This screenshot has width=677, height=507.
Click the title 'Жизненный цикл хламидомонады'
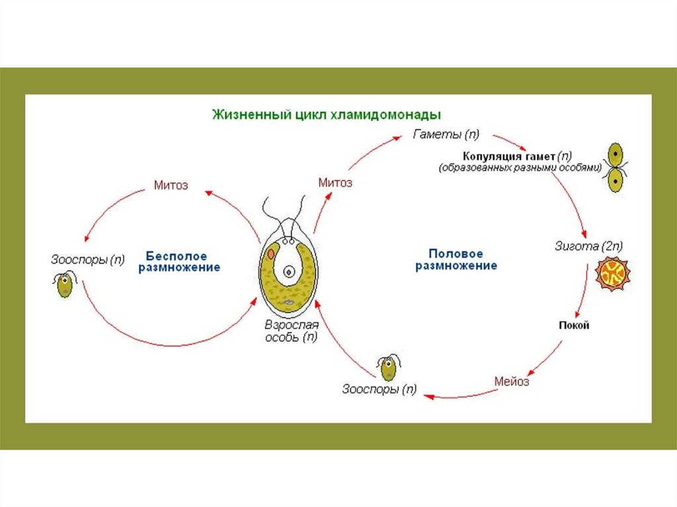(326, 113)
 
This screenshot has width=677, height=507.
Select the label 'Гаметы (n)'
(446, 135)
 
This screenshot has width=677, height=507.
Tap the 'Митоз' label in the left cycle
(171, 185)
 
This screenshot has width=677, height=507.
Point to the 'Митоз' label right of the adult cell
(335, 182)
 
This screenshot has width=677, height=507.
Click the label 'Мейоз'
(512, 381)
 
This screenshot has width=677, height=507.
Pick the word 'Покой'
(573, 325)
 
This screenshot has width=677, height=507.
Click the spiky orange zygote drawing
(612, 274)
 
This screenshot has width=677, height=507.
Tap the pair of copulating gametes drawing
(616, 167)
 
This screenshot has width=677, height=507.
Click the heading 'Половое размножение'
(456, 260)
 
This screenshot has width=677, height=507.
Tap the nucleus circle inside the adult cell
(289, 271)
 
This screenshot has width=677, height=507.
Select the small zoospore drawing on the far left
(65, 285)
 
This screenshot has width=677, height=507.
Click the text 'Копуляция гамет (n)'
(518, 157)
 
